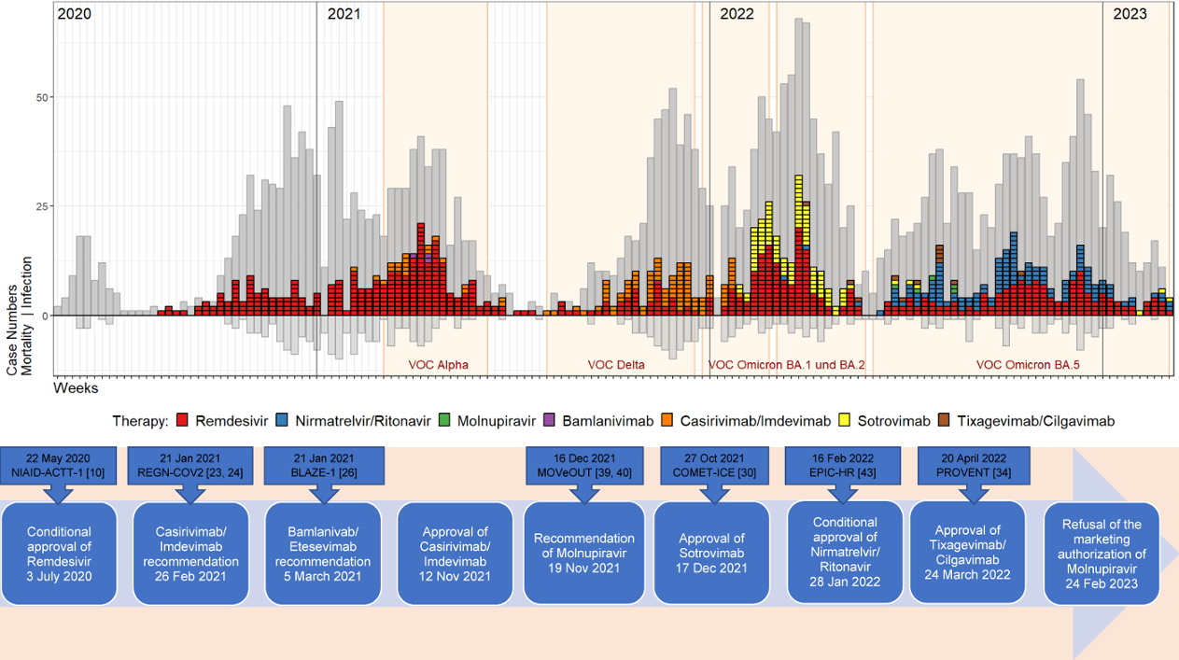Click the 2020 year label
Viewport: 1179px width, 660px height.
75,14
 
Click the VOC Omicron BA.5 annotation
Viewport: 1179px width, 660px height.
1028,365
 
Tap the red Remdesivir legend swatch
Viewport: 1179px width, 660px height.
182,421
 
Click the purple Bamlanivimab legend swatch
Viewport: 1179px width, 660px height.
550,421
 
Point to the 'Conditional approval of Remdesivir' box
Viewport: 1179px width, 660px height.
60,553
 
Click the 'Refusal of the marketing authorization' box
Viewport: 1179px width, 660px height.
1102,553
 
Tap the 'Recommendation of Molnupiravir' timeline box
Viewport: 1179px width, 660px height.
583,553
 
